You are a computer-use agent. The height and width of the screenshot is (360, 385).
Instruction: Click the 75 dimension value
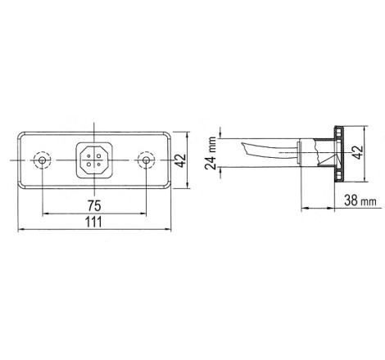tap(94, 206)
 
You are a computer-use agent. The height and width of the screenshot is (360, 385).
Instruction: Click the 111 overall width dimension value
tap(94, 222)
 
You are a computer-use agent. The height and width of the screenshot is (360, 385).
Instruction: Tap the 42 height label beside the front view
tap(180, 160)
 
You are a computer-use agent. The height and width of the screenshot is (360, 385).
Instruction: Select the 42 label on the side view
tap(358, 152)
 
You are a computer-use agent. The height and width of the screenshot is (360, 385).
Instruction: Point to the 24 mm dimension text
tap(211, 153)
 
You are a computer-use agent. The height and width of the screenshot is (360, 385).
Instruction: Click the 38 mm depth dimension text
tap(360, 200)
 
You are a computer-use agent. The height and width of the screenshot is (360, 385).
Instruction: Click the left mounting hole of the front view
tap(42, 160)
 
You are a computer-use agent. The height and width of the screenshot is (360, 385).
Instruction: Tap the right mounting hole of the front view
tap(147, 160)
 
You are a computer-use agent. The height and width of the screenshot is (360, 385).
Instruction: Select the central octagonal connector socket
tap(94, 160)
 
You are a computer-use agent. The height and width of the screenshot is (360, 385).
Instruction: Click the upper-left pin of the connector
tap(89, 155)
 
